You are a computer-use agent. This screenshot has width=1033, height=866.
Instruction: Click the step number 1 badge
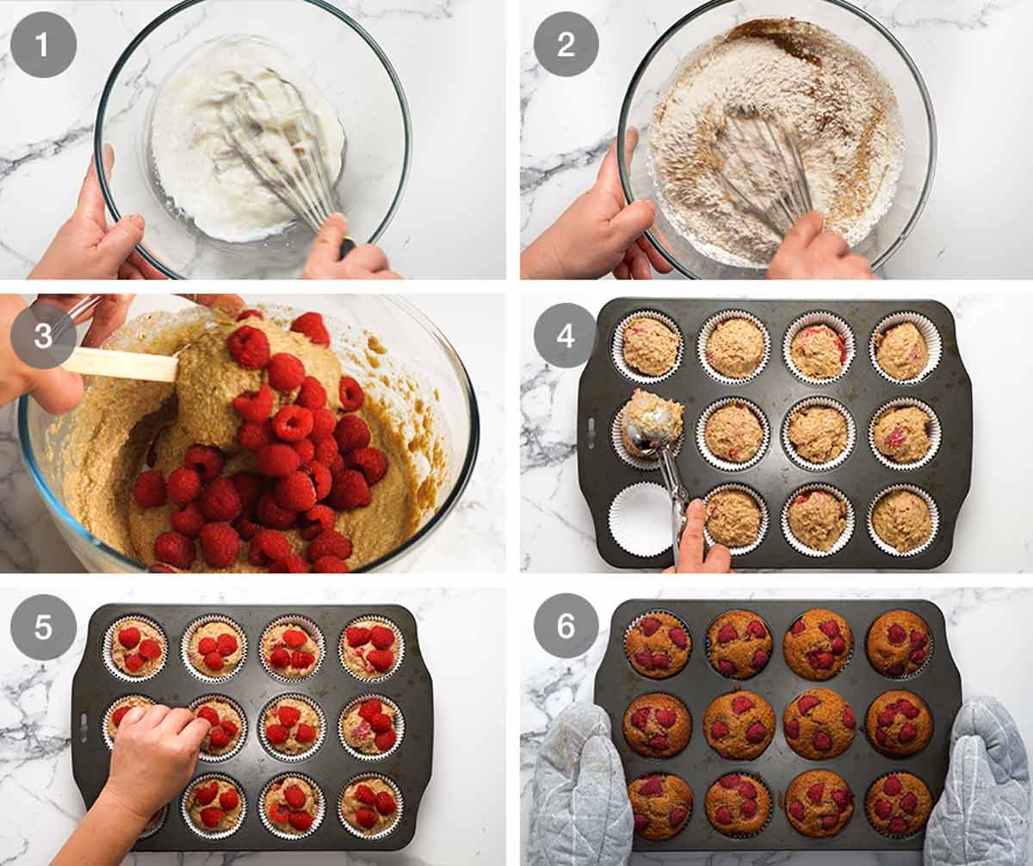(43, 44)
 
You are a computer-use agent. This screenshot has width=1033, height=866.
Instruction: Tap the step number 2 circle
(566, 44)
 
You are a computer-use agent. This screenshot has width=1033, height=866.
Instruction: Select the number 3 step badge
(43, 336)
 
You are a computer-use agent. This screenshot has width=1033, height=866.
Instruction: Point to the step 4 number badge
(566, 336)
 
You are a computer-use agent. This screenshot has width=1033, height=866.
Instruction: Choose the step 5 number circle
(43, 628)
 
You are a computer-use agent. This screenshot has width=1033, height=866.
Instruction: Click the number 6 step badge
(566, 626)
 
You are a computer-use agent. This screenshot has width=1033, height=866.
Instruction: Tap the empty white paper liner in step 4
(640, 518)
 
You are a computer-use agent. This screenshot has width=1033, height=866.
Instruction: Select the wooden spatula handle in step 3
(121, 365)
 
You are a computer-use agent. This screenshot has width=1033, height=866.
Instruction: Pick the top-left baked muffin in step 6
(658, 645)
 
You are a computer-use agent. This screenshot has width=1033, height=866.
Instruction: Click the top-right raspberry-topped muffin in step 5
(372, 648)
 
